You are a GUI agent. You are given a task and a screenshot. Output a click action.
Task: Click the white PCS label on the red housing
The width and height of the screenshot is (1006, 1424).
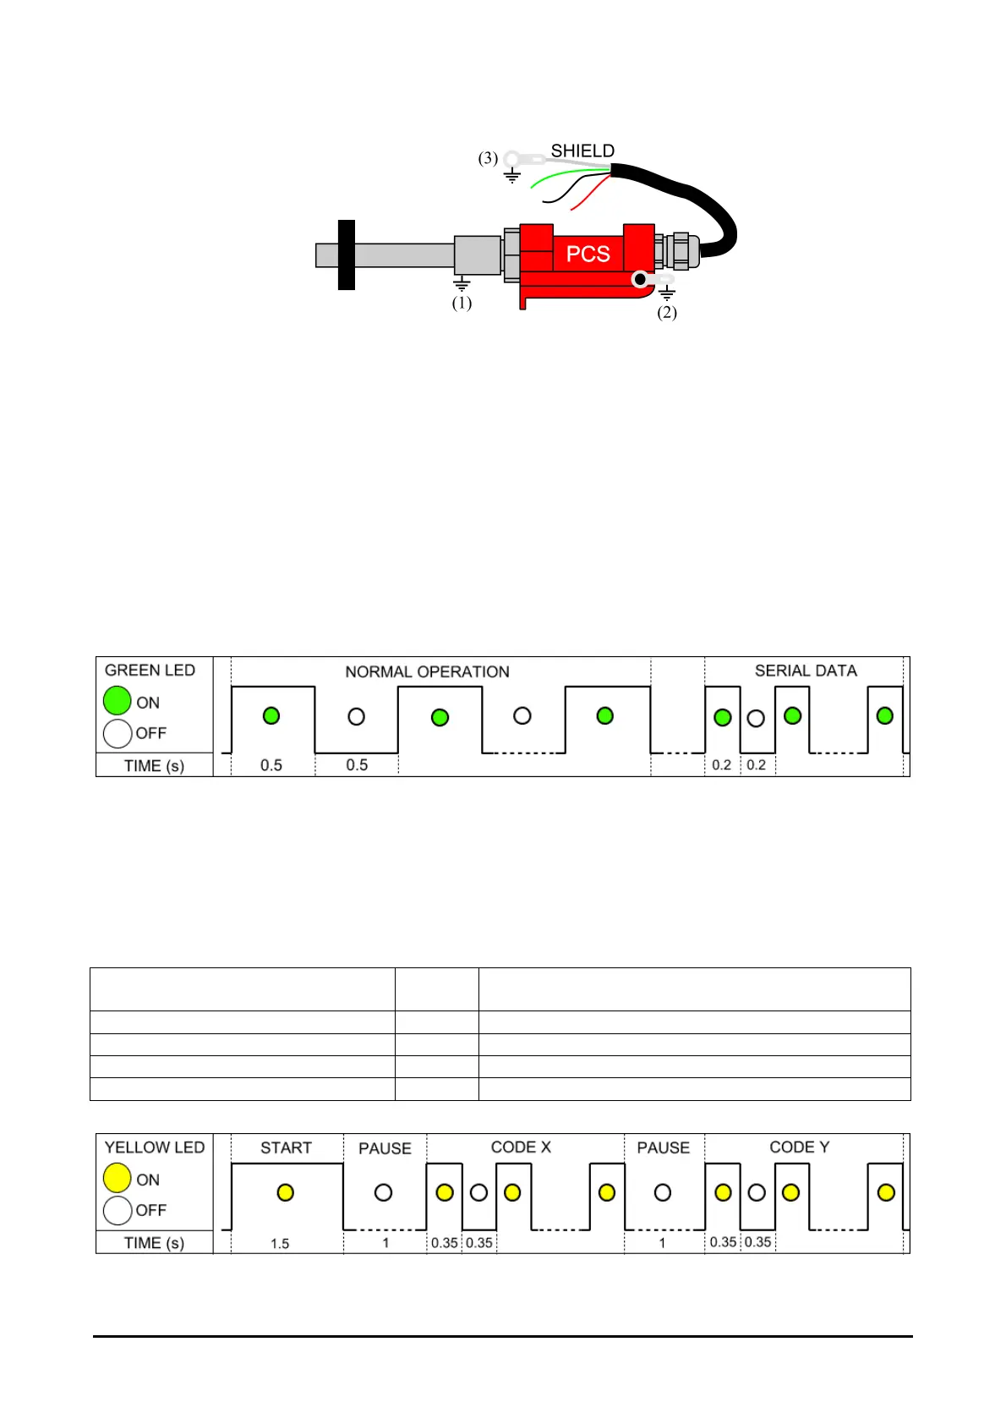click(x=588, y=254)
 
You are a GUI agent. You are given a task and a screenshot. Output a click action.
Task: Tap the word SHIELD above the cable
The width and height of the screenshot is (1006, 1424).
click(x=582, y=151)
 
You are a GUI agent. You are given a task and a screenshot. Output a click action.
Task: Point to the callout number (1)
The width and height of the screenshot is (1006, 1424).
click(x=462, y=303)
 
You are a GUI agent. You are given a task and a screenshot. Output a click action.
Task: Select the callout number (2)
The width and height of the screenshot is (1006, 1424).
click(x=667, y=312)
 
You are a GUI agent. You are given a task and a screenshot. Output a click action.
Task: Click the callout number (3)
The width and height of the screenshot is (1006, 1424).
click(x=488, y=158)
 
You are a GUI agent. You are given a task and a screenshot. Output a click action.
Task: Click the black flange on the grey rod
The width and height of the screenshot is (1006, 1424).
click(x=346, y=255)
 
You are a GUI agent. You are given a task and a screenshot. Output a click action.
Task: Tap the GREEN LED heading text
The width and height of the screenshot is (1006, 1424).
click(x=150, y=670)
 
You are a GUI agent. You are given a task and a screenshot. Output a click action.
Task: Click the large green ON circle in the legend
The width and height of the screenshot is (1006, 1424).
click(x=118, y=701)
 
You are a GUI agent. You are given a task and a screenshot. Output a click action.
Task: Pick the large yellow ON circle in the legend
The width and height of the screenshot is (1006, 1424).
click(x=118, y=1178)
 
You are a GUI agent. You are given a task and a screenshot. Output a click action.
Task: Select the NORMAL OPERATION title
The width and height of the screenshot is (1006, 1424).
click(x=427, y=671)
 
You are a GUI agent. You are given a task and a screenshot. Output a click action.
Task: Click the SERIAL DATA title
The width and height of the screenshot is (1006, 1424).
click(x=806, y=671)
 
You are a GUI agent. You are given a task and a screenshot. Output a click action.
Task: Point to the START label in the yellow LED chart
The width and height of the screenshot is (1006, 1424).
click(x=286, y=1147)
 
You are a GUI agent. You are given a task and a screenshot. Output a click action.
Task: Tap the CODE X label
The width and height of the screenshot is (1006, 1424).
click(x=521, y=1147)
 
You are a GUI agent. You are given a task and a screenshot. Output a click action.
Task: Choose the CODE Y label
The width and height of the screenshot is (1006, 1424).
click(x=799, y=1147)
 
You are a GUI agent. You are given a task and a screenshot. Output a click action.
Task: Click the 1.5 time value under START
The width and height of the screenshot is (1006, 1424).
click(x=280, y=1243)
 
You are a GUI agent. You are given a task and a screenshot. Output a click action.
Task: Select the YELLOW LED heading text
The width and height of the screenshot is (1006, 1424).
click(x=155, y=1147)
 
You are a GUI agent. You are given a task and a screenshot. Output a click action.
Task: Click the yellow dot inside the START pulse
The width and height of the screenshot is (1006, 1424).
click(x=286, y=1192)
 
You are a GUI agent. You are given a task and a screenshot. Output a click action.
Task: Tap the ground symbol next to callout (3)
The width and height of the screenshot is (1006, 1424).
click(x=511, y=176)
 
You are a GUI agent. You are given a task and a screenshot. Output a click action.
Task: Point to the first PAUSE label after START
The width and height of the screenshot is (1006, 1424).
click(x=385, y=1148)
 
